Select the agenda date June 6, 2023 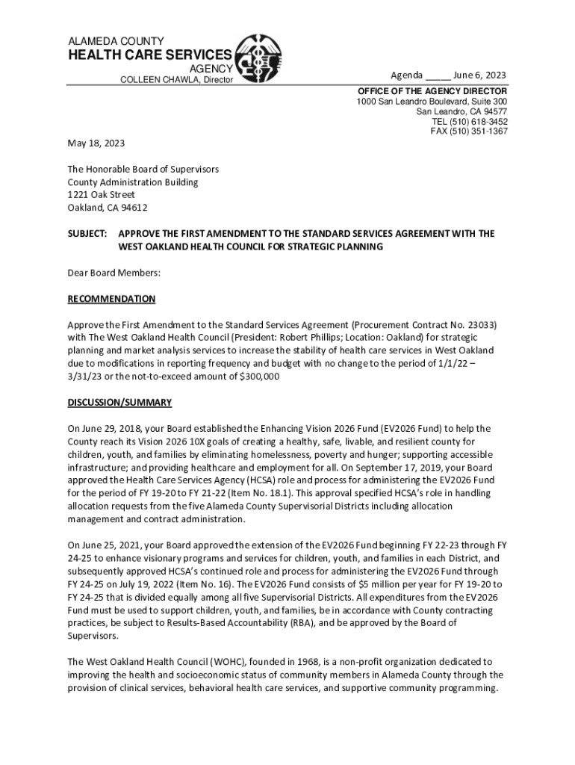pyautogui.click(x=480, y=75)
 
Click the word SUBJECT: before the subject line pyautogui.click(x=87, y=234)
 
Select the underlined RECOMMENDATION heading pyautogui.click(x=111, y=299)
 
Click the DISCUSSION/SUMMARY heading pyautogui.click(x=119, y=403)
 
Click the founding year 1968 pyautogui.click(x=282, y=662)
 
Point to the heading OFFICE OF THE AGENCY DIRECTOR pyautogui.click(x=432, y=91)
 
